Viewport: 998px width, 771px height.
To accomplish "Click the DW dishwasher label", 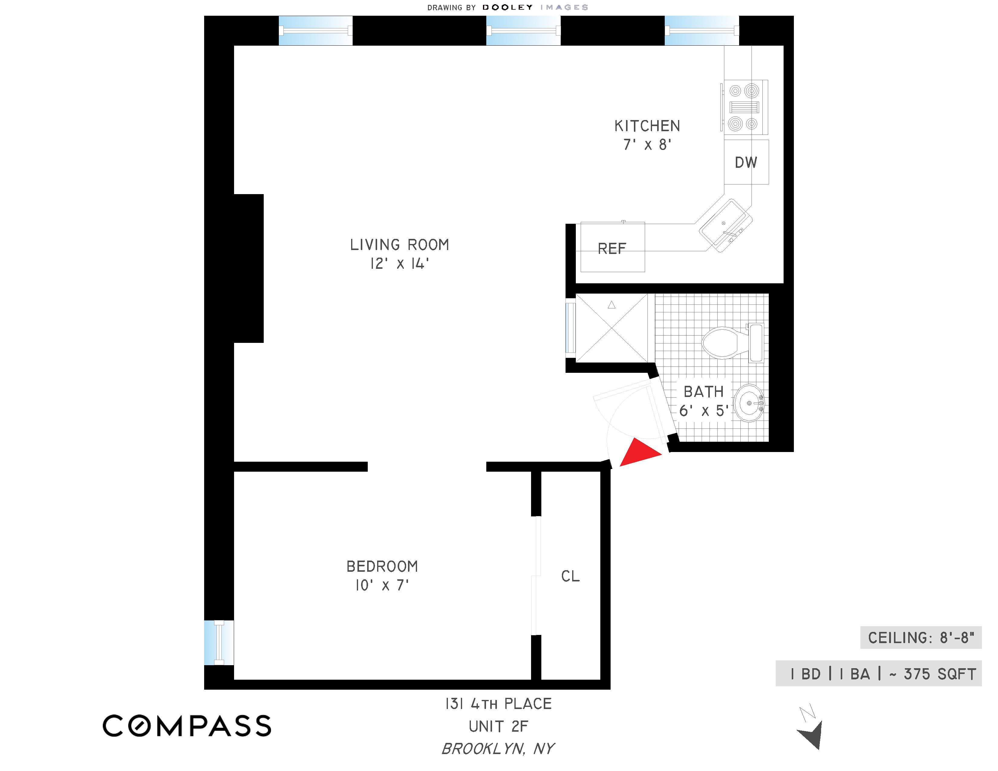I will pyautogui.click(x=746, y=162).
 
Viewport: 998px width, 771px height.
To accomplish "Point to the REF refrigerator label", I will pyautogui.click(x=612, y=249).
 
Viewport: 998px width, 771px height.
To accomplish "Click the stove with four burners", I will pyautogui.click(x=744, y=107).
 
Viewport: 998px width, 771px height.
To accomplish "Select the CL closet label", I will pyautogui.click(x=570, y=576).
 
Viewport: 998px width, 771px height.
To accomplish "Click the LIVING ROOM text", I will pyautogui.click(x=400, y=245).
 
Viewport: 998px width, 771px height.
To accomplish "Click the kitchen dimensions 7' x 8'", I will pyautogui.click(x=647, y=145).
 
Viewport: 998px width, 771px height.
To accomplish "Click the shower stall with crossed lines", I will pyautogui.click(x=612, y=328).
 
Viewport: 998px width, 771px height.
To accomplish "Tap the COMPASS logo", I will pyautogui.click(x=187, y=726).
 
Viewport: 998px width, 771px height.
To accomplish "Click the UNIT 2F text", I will pyautogui.click(x=498, y=726).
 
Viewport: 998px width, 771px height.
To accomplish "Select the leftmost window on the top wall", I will pyautogui.click(x=315, y=31).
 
